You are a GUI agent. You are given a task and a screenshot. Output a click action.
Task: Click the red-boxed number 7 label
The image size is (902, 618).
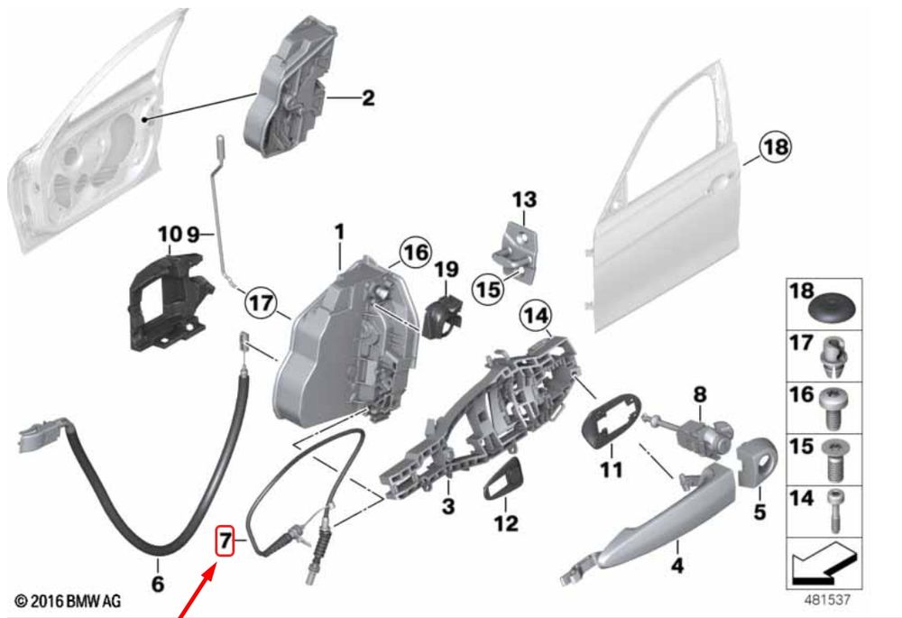pyautogui.click(x=225, y=540)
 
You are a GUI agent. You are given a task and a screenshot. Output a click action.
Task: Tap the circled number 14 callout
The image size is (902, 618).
pyautogui.click(x=535, y=316)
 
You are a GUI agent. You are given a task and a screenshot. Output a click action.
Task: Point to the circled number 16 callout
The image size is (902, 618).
pyautogui.click(x=415, y=252)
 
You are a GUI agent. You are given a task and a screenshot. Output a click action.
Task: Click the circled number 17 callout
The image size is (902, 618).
pyautogui.click(x=261, y=302)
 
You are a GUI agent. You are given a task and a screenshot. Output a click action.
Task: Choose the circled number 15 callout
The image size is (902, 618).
pyautogui.click(x=488, y=288)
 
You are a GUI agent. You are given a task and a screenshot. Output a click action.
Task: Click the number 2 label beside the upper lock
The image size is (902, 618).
pyautogui.click(x=368, y=97)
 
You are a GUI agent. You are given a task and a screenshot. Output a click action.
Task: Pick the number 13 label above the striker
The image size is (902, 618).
pyautogui.click(x=524, y=199)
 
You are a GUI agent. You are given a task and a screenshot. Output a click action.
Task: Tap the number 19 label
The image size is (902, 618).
pyautogui.click(x=446, y=269)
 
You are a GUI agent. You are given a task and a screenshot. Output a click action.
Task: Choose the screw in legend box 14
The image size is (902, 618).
pyautogui.click(x=834, y=510)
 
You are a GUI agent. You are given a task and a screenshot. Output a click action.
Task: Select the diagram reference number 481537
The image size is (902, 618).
pyautogui.click(x=826, y=600)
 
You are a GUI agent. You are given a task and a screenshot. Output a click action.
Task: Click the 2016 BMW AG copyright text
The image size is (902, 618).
pyautogui.click(x=68, y=602)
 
